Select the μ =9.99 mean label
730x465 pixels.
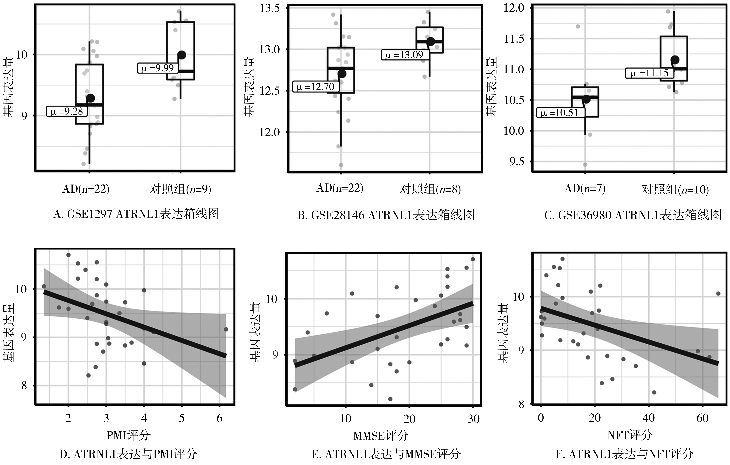click(x=158, y=68)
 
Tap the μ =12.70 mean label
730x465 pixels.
click(x=315, y=87)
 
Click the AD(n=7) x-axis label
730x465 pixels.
click(x=585, y=189)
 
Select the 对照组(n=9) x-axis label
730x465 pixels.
click(x=180, y=189)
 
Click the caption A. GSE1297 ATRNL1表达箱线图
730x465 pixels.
click(x=136, y=214)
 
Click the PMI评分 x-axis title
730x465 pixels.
click(x=128, y=436)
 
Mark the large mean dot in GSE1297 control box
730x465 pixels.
click(x=182, y=55)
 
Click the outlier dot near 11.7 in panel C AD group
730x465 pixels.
click(x=578, y=26)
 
